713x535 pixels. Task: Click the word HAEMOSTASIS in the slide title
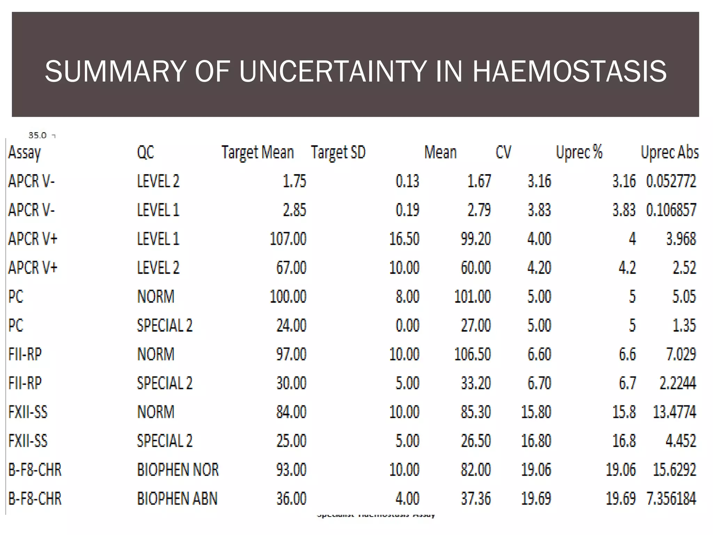click(569, 71)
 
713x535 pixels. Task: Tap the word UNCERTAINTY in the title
click(333, 71)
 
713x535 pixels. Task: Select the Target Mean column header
click(258, 153)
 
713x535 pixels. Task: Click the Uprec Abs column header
click(669, 153)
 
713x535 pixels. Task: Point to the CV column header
click(503, 153)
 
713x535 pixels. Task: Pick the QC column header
click(146, 153)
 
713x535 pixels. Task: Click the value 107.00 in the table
click(288, 239)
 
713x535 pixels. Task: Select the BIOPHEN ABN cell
click(177, 498)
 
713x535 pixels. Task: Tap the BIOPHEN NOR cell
click(178, 470)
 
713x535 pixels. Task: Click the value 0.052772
click(671, 181)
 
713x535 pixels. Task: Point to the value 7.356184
click(671, 498)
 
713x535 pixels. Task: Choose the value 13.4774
click(674, 412)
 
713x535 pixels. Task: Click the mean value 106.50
click(472, 354)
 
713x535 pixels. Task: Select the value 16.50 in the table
click(404, 239)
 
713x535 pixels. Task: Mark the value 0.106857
click(671, 210)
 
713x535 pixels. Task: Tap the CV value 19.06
click(536, 470)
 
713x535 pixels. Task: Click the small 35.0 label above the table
click(37, 135)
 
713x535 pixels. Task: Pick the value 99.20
click(476, 239)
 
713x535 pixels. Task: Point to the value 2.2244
click(677, 383)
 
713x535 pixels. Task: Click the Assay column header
click(24, 153)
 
